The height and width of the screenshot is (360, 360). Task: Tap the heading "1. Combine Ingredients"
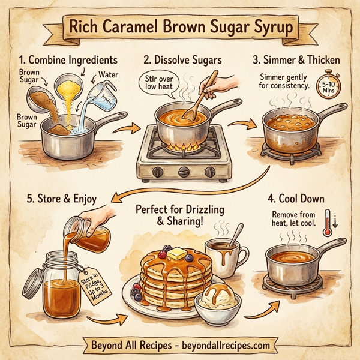pos(67,60)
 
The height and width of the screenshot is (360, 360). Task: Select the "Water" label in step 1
pos(110,76)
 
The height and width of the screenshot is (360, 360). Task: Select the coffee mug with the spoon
pos(227,254)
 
